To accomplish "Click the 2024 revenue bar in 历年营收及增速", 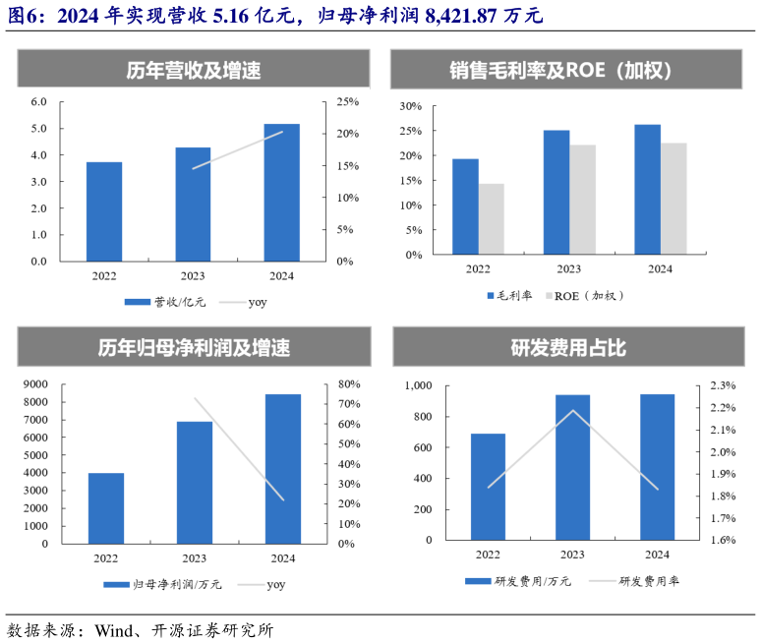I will pyautogui.click(x=282, y=193).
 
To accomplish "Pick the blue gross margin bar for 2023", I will pyautogui.click(x=556, y=192).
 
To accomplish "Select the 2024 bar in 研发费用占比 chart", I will pyautogui.click(x=658, y=467).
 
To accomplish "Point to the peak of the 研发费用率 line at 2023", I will pyautogui.click(x=573, y=410).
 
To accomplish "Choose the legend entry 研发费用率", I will pyautogui.click(x=649, y=581).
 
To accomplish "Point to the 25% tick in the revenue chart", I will pyautogui.click(x=347, y=101).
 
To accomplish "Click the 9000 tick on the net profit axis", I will pyautogui.click(x=33, y=384).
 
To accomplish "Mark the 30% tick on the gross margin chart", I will pyautogui.click(x=411, y=106).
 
